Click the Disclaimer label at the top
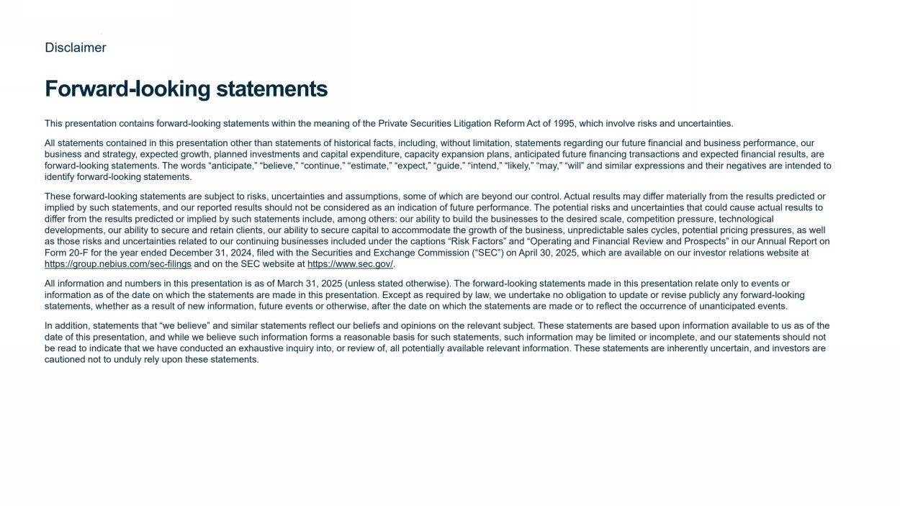[x=76, y=48]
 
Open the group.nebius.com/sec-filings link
[x=118, y=264]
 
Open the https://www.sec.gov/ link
[x=350, y=264]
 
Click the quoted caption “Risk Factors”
[x=471, y=242]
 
